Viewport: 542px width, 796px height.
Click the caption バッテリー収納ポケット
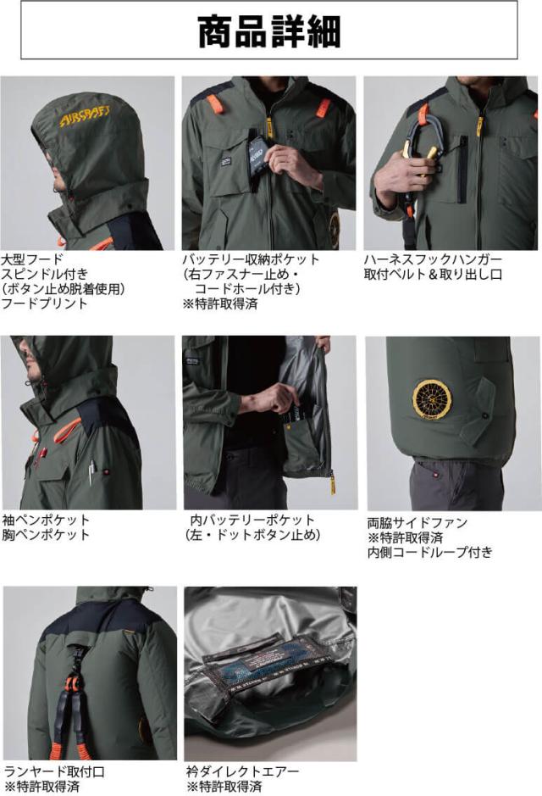251,259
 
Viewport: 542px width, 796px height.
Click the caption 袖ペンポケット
45,520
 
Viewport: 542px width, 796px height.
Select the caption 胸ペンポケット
45,535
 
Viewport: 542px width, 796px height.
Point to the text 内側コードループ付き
429,553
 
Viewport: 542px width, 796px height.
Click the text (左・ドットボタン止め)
252,535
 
